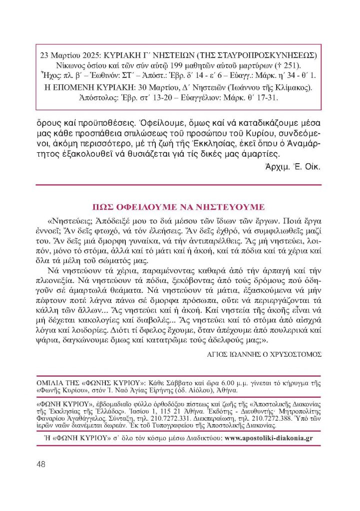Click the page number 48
coord(41,464)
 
